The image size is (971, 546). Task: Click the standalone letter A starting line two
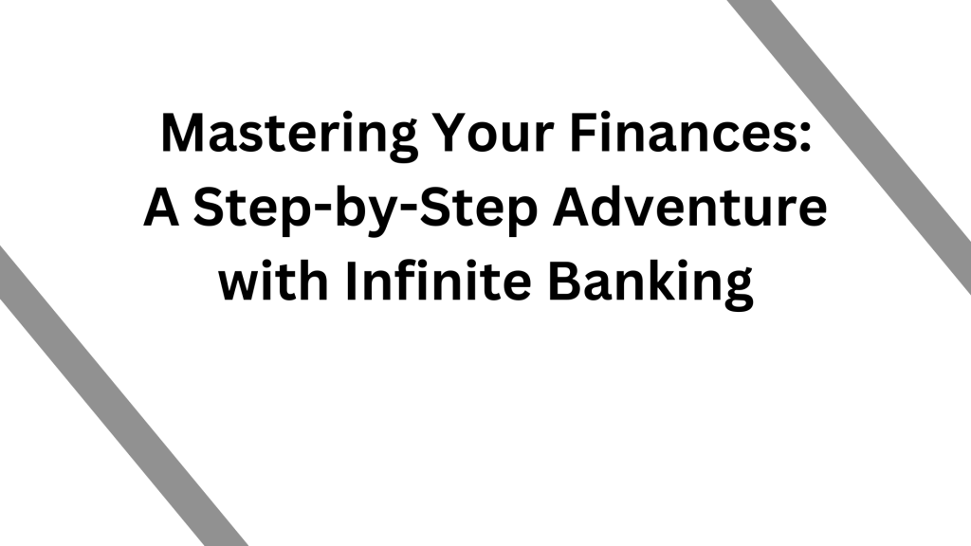[161, 208]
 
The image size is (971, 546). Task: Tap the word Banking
[650, 283]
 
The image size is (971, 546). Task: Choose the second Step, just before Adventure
[479, 211]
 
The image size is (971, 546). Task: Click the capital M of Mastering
[184, 133]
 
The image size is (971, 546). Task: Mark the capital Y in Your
[453, 133]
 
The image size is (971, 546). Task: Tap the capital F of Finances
[583, 133]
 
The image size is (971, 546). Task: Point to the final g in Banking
[738, 291]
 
